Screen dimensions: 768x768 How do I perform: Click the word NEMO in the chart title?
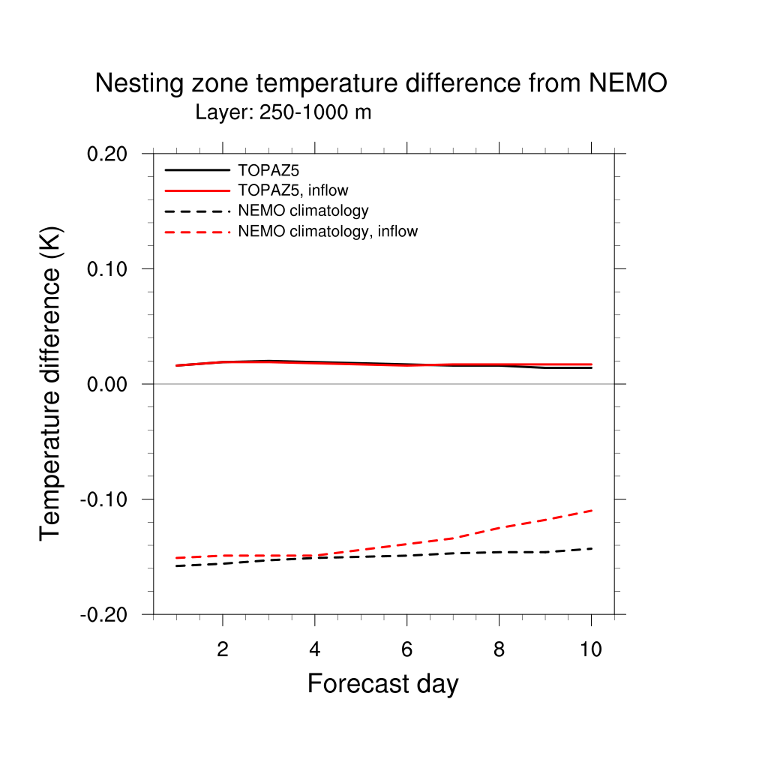point(628,83)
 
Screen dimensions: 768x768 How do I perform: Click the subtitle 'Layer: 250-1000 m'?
point(283,113)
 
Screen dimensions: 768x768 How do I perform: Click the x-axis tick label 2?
point(223,649)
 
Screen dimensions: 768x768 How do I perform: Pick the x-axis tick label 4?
point(315,649)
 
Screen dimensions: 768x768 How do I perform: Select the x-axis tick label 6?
point(406,649)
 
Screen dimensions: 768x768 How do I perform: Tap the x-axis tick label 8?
point(499,649)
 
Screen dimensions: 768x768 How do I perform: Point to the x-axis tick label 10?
point(591,649)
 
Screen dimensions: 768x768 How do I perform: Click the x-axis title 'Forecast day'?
point(382,684)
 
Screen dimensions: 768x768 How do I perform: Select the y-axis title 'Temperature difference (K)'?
point(51,383)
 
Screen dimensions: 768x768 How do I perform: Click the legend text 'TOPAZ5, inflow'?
point(292,190)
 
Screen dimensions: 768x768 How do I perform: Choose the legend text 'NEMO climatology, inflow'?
point(328,232)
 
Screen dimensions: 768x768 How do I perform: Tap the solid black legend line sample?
point(196,170)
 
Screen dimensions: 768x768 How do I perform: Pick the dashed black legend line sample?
point(196,211)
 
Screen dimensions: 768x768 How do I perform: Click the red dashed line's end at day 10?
point(591,510)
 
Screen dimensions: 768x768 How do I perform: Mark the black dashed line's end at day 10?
point(591,549)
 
